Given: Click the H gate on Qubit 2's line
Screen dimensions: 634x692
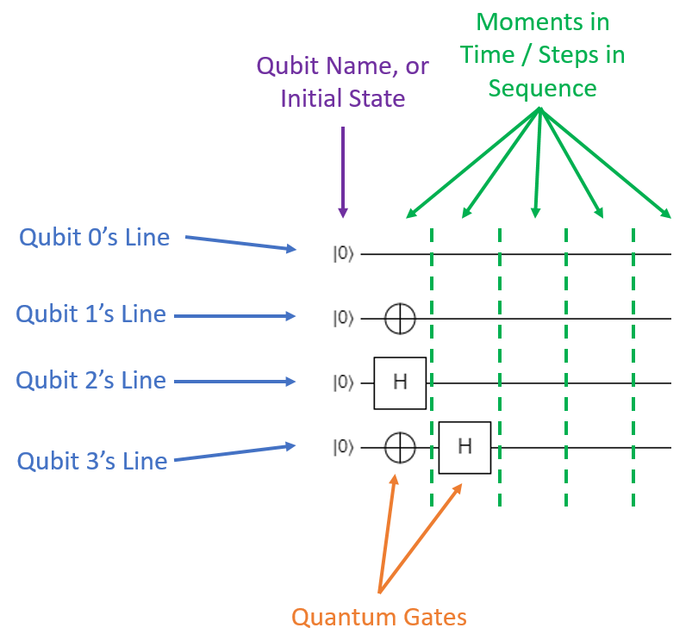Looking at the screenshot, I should [400, 382].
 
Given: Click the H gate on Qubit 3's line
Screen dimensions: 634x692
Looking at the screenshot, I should [464, 447].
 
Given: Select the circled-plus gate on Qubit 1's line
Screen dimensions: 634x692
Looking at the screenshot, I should [400, 319].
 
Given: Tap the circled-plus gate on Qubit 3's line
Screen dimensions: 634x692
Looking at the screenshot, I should [400, 448].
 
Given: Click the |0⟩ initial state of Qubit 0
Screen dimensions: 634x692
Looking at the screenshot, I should [344, 254].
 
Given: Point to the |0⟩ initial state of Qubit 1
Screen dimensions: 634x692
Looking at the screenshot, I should [344, 319].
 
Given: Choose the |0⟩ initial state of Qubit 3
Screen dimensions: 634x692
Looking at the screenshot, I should [344, 448].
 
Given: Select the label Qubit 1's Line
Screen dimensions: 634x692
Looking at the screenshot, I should [90, 314].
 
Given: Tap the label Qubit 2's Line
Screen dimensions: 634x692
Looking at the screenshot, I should [90, 380].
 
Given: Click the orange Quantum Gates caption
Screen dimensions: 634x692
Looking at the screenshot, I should [379, 617].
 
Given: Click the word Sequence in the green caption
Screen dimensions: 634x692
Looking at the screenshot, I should [542, 88].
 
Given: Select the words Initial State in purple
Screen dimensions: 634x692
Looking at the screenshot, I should [343, 98].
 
